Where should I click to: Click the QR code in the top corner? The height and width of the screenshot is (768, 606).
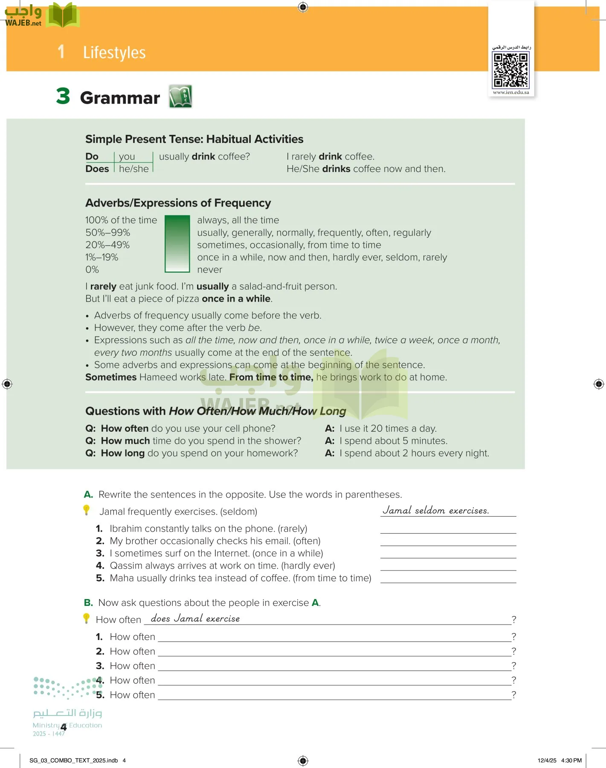pyautogui.click(x=511, y=70)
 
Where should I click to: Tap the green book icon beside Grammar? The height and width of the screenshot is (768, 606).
pyautogui.click(x=180, y=96)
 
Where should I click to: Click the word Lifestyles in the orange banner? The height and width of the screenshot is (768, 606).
pyautogui.click(x=114, y=52)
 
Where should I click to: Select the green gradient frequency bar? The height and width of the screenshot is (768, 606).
pyautogui.click(x=177, y=244)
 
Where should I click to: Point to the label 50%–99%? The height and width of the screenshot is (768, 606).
pyautogui.click(x=107, y=233)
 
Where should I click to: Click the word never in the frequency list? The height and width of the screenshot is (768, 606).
pyautogui.click(x=209, y=270)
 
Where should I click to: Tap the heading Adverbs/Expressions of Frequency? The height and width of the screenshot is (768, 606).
pyautogui.click(x=178, y=203)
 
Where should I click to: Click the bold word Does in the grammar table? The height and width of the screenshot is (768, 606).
pyautogui.click(x=97, y=169)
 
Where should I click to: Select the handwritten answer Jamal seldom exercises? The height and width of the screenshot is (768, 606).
pyautogui.click(x=435, y=510)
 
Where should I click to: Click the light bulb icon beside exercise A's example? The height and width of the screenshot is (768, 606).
pyautogui.click(x=87, y=510)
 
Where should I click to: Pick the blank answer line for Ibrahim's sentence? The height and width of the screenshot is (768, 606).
pyautogui.click(x=448, y=529)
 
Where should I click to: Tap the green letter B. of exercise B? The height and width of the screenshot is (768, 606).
pyautogui.click(x=88, y=602)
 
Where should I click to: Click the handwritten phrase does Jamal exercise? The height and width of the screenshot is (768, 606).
pyautogui.click(x=195, y=619)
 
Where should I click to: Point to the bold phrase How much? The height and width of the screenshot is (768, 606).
pyautogui.click(x=125, y=441)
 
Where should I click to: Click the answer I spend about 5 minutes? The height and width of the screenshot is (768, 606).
pyautogui.click(x=393, y=441)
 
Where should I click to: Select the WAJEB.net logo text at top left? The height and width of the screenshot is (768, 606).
pyautogui.click(x=23, y=23)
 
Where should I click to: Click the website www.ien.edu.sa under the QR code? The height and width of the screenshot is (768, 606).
pyautogui.click(x=511, y=92)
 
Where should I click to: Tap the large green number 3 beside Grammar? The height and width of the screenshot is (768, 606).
pyautogui.click(x=63, y=96)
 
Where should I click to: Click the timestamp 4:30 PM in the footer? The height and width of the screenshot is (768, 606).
pyautogui.click(x=571, y=760)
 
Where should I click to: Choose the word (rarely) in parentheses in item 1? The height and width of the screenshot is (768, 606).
pyautogui.click(x=292, y=529)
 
